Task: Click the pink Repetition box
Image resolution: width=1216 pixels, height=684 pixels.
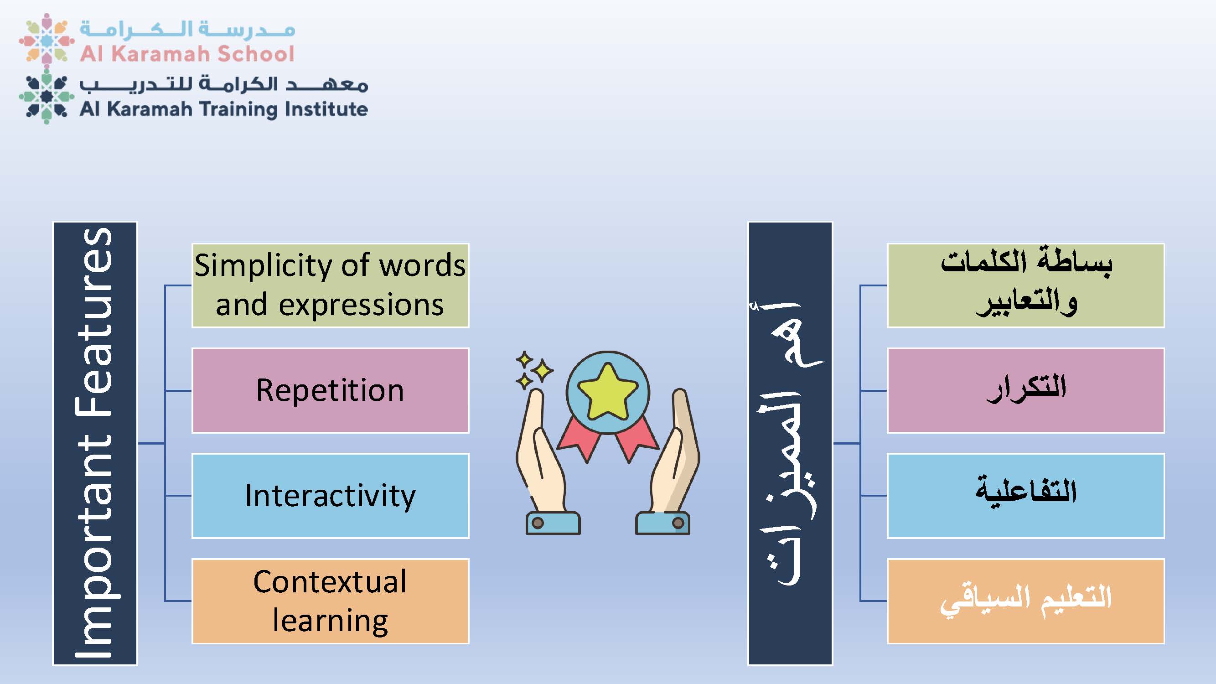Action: (x=331, y=390)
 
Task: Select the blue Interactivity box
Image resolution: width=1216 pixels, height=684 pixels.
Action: (x=331, y=496)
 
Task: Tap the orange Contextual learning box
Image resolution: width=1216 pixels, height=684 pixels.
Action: (x=331, y=601)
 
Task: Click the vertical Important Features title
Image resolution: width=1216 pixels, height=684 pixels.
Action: (x=95, y=443)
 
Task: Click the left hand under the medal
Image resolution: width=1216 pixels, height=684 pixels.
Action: (x=548, y=462)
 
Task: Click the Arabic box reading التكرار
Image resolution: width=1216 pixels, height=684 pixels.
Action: (x=1026, y=390)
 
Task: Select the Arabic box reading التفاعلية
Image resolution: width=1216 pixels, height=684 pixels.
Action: (x=1026, y=496)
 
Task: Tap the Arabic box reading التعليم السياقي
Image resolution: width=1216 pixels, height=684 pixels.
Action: (x=1026, y=601)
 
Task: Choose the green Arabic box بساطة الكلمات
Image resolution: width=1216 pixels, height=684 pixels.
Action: (x=1026, y=285)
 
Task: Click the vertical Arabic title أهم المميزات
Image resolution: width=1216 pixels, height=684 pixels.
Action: (x=790, y=443)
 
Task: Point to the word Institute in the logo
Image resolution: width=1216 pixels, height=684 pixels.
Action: (x=326, y=109)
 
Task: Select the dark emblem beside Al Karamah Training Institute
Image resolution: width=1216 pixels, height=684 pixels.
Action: (x=46, y=97)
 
